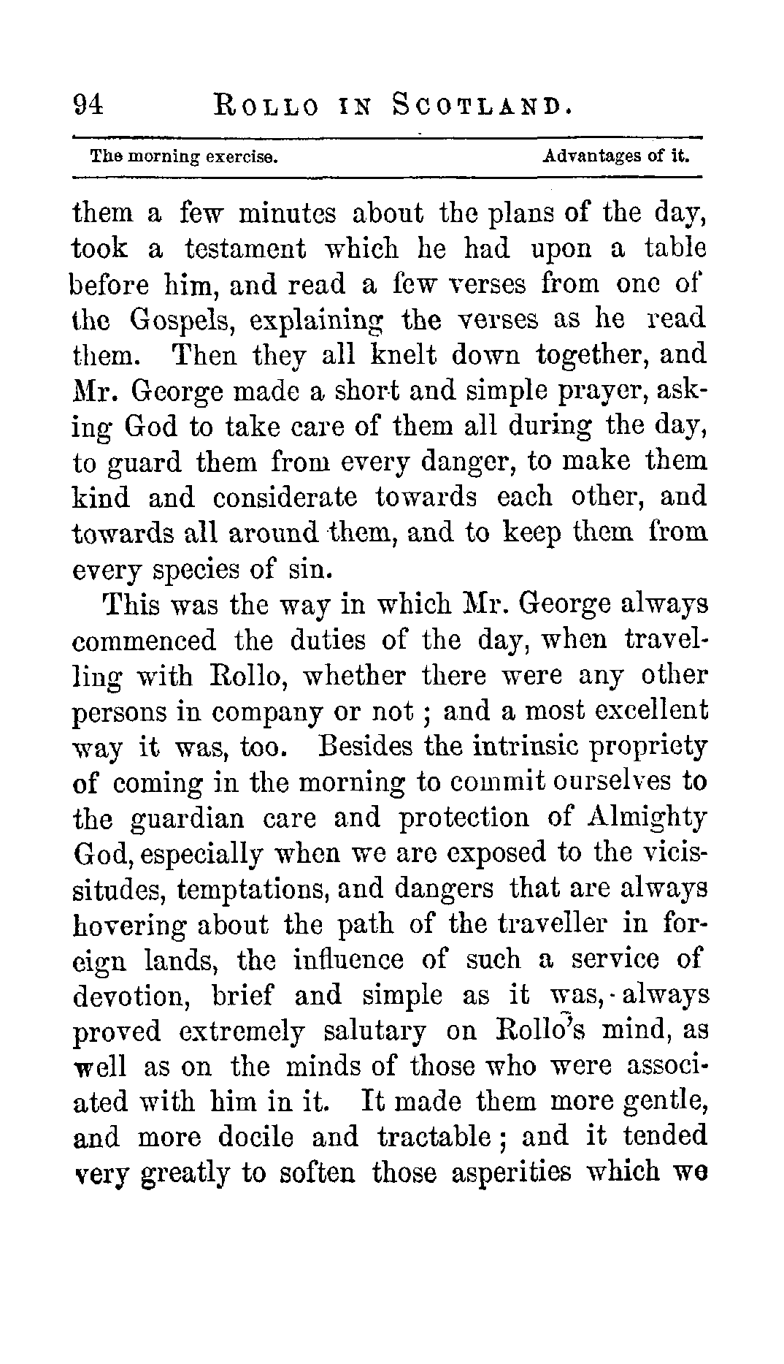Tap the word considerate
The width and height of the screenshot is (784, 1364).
click(x=285, y=498)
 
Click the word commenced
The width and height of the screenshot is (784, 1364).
click(x=145, y=641)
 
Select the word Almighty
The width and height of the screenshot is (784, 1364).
click(x=647, y=818)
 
